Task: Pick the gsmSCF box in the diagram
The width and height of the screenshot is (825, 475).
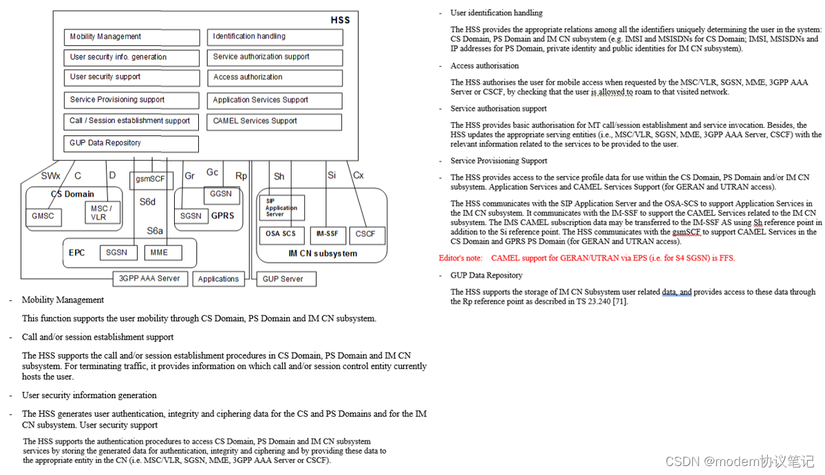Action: tap(151, 180)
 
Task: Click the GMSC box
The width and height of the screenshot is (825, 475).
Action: tap(43, 216)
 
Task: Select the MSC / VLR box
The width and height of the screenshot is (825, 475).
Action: tap(102, 212)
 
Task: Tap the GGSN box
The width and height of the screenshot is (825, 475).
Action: tap(221, 195)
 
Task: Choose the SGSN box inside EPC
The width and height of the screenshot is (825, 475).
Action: tap(117, 253)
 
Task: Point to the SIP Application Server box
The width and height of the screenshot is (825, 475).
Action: tap(281, 208)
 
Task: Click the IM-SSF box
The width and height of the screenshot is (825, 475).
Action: tap(327, 234)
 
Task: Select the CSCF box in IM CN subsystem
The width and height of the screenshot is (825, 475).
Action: tap(366, 234)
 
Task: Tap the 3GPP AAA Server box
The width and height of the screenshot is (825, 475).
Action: tap(149, 278)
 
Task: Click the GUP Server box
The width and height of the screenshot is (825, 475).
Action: tap(283, 279)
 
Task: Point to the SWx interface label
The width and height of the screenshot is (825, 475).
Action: tap(51, 176)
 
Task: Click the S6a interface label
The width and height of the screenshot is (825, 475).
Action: tap(155, 230)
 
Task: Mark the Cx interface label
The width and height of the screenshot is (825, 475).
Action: tap(358, 175)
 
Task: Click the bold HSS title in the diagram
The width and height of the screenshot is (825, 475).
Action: tap(340, 20)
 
